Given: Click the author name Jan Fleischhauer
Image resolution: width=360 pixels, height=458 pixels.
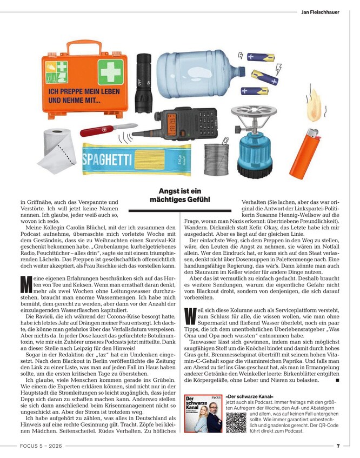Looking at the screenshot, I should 320,11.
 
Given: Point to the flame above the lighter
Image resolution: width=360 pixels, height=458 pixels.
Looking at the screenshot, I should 315,110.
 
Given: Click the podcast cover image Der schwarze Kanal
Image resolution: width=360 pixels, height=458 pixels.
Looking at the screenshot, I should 203,414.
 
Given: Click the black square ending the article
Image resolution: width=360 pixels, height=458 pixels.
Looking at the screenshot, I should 337,381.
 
